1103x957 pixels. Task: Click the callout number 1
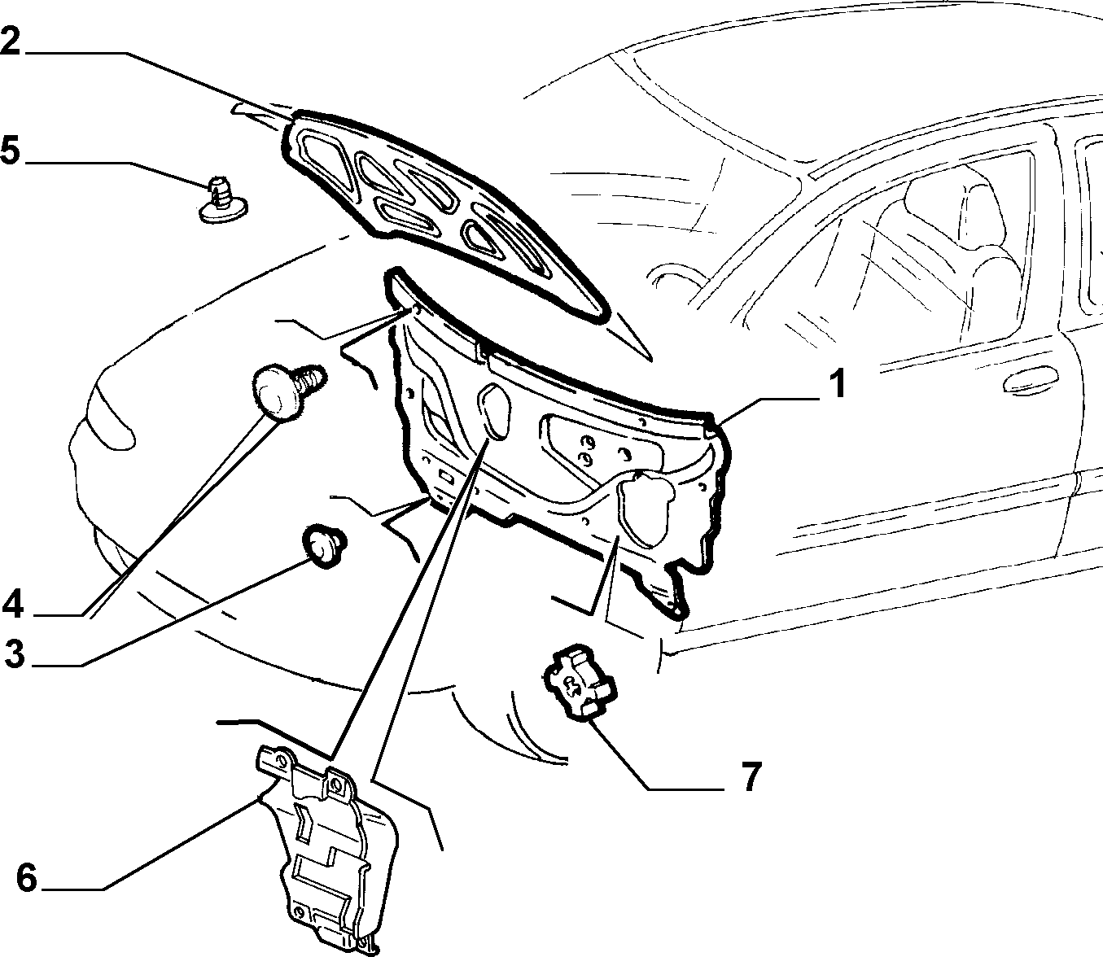tap(836, 383)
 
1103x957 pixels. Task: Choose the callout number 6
tap(27, 877)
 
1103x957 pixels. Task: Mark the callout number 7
tap(751, 776)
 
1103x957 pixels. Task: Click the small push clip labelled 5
tap(224, 200)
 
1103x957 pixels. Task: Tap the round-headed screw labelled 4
tap(285, 391)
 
